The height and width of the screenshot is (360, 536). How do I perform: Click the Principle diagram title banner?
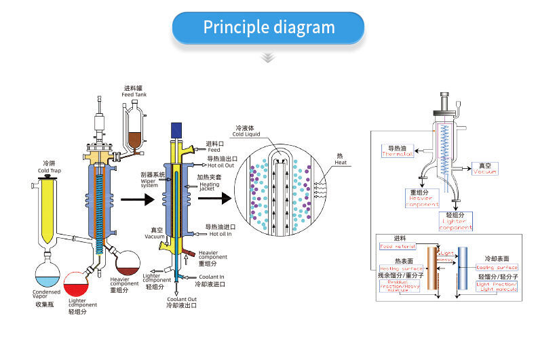[269, 28]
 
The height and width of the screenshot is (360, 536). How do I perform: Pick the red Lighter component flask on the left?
[77, 284]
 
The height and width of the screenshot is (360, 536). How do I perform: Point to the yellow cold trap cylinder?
[47, 210]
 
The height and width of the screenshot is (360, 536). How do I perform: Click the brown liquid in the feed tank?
[134, 140]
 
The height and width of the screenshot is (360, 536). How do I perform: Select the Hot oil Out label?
[221, 165]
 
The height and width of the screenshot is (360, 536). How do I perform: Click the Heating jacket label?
[208, 185]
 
